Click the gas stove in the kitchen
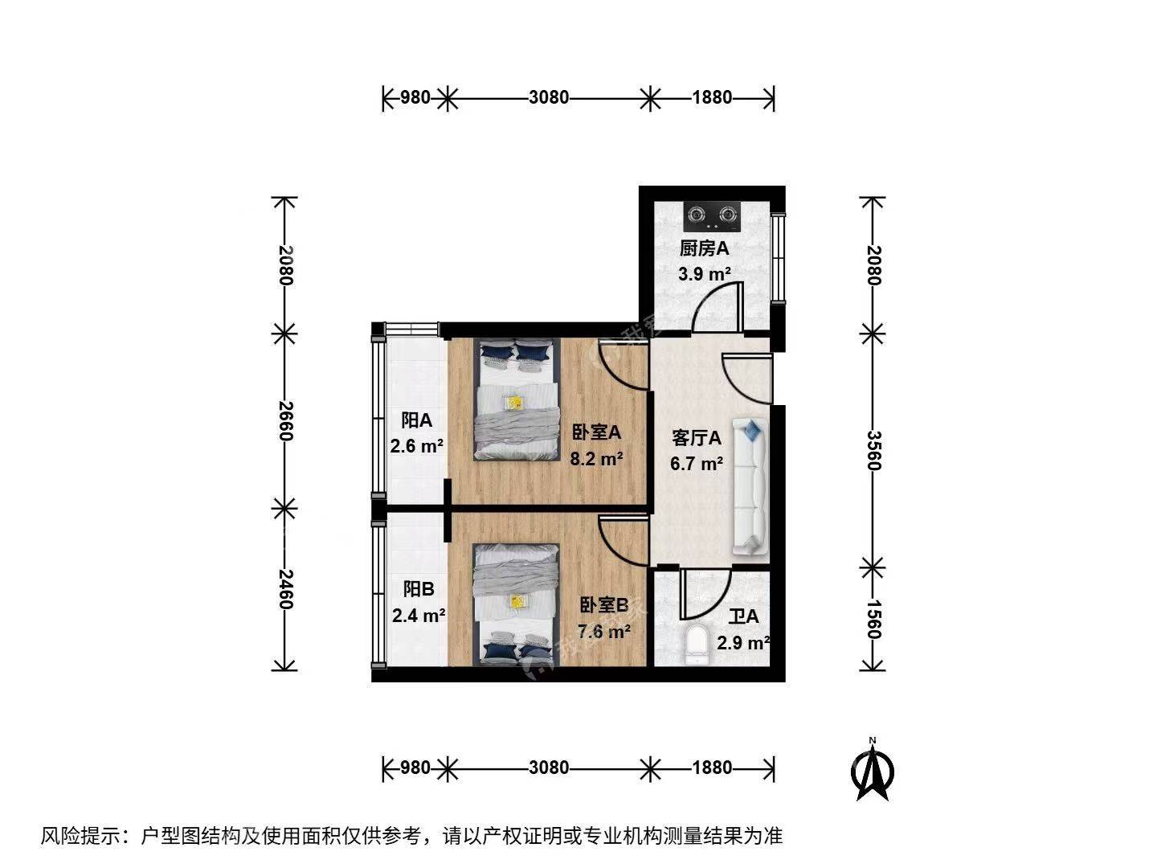(x=712, y=216)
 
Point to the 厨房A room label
(x=704, y=248)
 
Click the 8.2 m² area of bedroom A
(x=596, y=458)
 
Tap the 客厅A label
(x=697, y=437)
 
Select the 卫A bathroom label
(x=743, y=616)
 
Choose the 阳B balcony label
(x=419, y=588)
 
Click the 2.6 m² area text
(x=416, y=446)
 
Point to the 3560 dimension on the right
(x=874, y=451)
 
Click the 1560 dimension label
(x=874, y=619)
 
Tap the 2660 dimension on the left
(x=285, y=421)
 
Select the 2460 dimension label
(x=285, y=589)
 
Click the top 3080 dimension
(x=549, y=97)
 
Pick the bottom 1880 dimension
(x=712, y=768)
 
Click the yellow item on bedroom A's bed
(x=514, y=403)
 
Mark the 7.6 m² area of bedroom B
(x=603, y=631)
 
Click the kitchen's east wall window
(x=778, y=258)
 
